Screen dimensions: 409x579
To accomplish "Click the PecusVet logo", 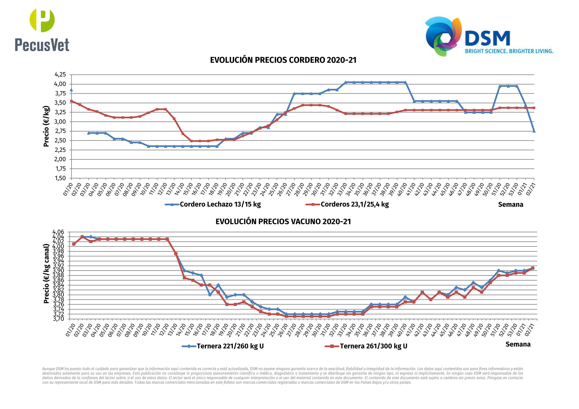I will pos(42,30).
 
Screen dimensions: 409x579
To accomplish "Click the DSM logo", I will pos(467,36).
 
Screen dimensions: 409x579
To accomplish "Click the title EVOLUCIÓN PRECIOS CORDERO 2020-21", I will pos(283,60).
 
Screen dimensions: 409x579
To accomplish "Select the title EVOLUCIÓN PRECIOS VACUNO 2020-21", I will pos(283,222).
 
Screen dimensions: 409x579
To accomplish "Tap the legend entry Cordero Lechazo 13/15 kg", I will pos(220,204).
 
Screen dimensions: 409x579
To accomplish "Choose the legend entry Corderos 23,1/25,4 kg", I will pos(354,204).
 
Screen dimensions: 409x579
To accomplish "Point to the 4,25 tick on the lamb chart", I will pos(60,75).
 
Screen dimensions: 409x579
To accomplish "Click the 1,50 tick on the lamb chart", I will pos(60,178).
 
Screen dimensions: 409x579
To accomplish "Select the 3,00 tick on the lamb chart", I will pos(60,122).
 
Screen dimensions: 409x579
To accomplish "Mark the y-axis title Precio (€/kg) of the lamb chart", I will pos(46,126).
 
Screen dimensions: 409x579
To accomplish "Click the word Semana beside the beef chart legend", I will pos(518,344).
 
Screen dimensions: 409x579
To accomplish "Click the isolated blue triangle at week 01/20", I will pos(71,90).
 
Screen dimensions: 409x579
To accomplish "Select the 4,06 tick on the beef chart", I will pos(58,232).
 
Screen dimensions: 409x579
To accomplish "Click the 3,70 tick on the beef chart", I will pos(58,319).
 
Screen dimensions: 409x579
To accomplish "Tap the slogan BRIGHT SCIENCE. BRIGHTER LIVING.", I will pos(509,51).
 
